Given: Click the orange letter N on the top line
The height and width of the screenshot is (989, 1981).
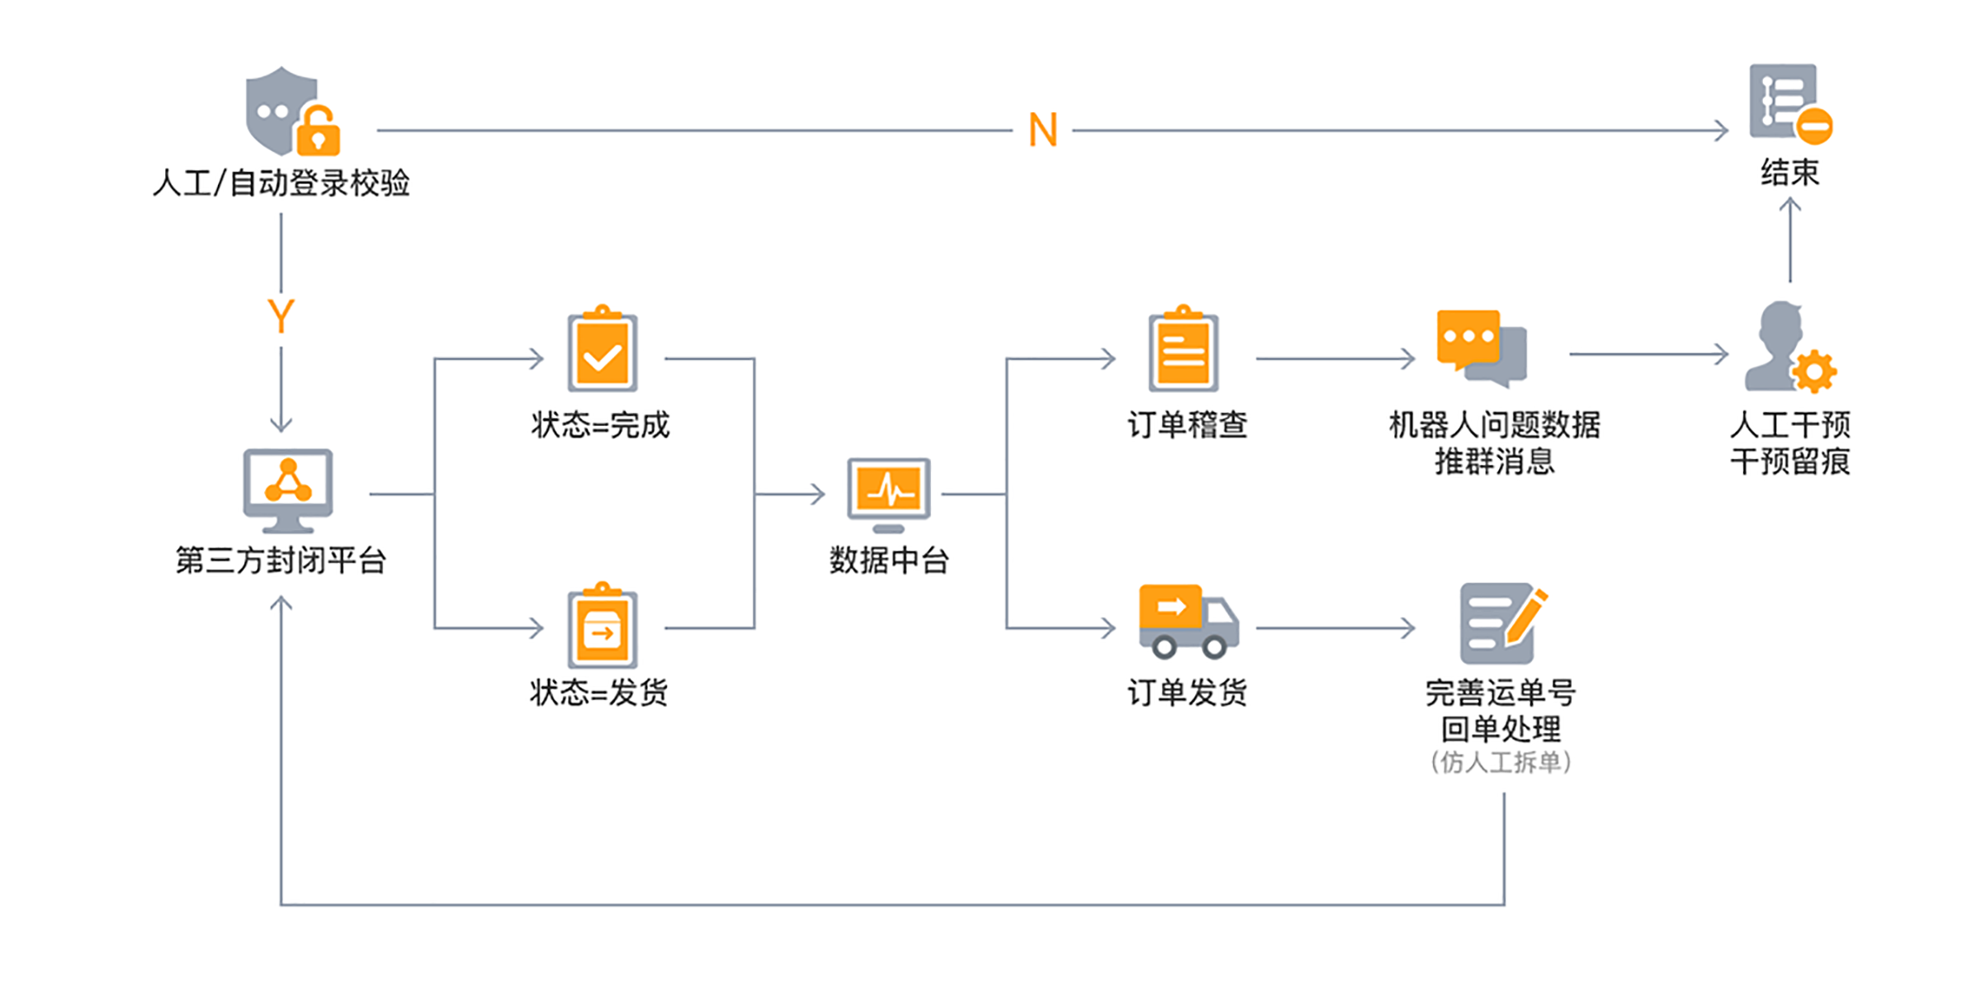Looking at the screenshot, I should point(1043,130).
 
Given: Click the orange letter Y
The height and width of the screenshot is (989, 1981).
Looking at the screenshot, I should point(281,315).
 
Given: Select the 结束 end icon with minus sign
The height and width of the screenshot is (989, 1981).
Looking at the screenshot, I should point(1790,102).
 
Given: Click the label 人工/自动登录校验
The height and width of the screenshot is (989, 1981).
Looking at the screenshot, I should point(281,182).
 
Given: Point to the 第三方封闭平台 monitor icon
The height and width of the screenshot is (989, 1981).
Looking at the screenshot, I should point(287,491).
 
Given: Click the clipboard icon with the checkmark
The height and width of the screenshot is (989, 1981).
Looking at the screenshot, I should point(603,350).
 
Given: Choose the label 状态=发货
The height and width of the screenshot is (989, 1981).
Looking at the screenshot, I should point(599,692).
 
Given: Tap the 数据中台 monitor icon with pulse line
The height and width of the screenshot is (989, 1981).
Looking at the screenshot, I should point(889,494).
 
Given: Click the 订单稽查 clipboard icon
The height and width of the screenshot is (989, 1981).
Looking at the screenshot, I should point(1184,350).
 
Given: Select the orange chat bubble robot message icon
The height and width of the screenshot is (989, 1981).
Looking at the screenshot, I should point(1481,348).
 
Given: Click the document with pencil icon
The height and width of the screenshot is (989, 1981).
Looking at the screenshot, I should point(1501,623).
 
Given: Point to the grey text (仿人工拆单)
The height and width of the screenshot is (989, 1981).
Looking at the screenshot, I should point(1501,762).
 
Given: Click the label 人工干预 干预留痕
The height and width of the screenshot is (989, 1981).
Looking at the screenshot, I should point(1790,443).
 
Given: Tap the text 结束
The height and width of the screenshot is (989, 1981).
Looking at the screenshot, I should point(1790,173).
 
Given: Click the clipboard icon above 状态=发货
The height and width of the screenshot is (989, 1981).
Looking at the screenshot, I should point(603,626).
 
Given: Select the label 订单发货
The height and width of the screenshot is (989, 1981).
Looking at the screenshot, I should point(1187,692).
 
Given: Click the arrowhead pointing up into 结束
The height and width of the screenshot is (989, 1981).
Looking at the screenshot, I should point(1790,205).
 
